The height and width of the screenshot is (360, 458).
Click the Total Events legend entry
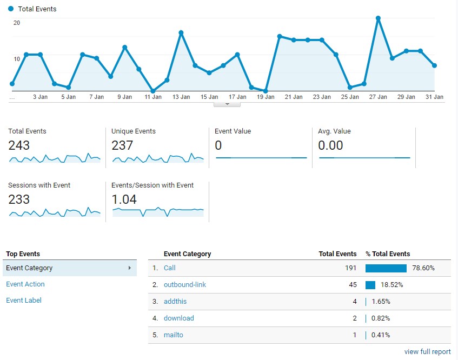37,9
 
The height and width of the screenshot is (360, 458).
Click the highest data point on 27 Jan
379,18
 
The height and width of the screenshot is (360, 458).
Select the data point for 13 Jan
181,33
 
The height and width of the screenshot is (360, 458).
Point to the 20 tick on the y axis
17,23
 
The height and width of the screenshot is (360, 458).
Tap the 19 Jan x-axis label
265,97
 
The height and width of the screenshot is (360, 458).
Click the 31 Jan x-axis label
435,97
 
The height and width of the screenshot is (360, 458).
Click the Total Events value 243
19,145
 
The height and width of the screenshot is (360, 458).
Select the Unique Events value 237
122,145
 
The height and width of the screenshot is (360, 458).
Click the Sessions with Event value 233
19,199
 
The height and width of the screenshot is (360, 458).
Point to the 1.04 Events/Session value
124,199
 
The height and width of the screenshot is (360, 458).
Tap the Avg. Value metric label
334,131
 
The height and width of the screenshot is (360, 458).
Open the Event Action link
25,284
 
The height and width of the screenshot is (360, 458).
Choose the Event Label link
24,301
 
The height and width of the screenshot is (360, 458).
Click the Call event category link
170,268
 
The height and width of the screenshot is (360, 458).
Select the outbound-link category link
185,285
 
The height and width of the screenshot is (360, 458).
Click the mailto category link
174,335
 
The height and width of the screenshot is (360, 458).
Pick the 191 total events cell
350,268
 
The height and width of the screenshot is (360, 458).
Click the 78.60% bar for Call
386,268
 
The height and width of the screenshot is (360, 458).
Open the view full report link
427,352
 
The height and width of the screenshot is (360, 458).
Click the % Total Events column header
388,254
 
